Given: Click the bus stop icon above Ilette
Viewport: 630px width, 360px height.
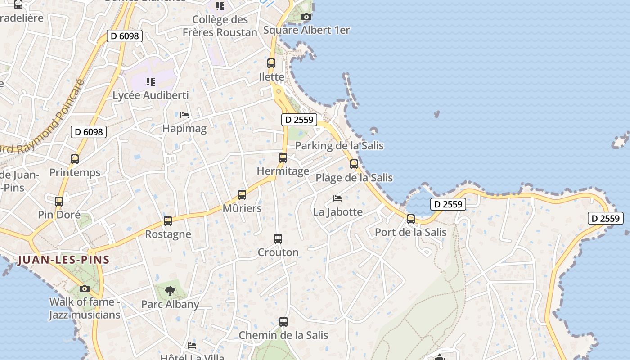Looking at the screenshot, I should coord(271,63).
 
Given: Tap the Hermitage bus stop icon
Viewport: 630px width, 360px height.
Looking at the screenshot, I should coord(283,158).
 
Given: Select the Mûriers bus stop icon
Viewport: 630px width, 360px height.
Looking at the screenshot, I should coord(242,195).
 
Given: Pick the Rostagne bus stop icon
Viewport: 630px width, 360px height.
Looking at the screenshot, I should coord(168,221).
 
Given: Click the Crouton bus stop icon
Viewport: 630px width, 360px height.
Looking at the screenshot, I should coord(278,239).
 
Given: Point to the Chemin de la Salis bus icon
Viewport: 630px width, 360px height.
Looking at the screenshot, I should coord(283,322).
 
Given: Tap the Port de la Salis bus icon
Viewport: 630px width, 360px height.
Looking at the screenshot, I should coord(411,219).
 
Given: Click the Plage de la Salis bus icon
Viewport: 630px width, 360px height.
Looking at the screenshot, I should coord(354,164).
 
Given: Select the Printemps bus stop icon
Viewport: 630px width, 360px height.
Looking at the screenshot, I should coord(75,159).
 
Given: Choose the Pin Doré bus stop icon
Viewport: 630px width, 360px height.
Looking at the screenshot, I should coord(59,202).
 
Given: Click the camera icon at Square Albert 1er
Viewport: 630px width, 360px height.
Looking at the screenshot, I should coord(306,17).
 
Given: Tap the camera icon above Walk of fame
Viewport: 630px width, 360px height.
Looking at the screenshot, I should coord(85,288).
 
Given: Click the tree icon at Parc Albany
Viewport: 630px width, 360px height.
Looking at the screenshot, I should coord(170,291).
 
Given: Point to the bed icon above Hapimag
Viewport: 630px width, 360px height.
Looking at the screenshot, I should coord(184,115).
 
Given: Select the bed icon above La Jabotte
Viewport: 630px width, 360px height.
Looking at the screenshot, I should coord(337,198).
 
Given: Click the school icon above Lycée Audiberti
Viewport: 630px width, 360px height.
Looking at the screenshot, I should coord(151,82).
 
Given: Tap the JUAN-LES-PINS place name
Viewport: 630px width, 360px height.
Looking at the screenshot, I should coord(63,260).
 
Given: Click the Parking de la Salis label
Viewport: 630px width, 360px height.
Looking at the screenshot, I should coord(339,145).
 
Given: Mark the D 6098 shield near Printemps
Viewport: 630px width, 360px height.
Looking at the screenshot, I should coord(89,132).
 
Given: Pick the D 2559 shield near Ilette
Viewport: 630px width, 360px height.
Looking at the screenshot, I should coord(299,120).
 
